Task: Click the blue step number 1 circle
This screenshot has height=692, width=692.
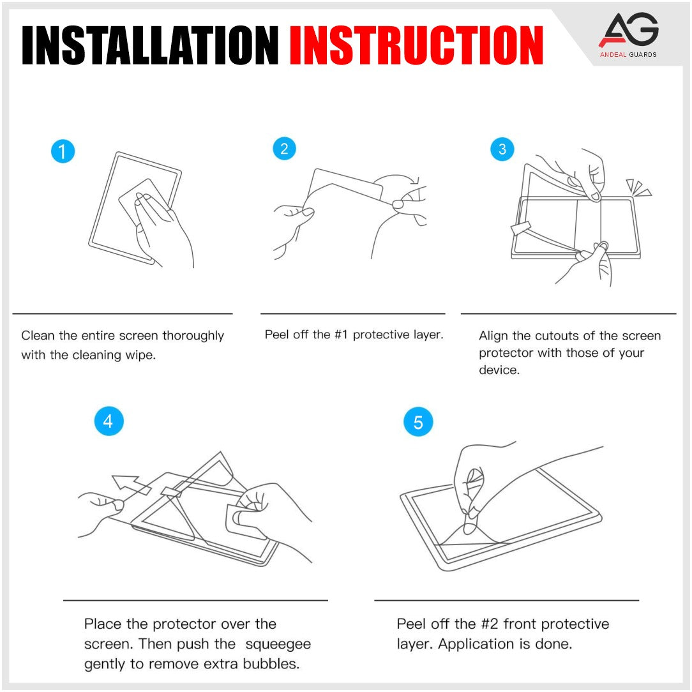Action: click(63, 151)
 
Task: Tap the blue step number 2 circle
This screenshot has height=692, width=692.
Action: click(284, 149)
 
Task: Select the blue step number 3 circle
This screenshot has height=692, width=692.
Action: click(502, 149)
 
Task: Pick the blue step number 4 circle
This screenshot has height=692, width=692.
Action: click(108, 421)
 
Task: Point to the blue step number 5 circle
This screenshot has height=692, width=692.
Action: click(418, 423)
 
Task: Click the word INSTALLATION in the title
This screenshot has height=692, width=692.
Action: click(149, 45)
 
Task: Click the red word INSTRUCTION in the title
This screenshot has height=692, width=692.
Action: click(416, 45)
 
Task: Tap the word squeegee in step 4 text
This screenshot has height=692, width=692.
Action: click(281, 644)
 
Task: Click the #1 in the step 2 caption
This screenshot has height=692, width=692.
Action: click(341, 335)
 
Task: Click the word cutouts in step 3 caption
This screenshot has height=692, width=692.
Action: click(556, 336)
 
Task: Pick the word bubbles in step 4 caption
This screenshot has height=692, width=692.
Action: click(274, 664)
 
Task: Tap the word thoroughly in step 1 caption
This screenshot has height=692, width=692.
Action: click(193, 336)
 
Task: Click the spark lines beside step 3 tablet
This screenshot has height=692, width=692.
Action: click(638, 188)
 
